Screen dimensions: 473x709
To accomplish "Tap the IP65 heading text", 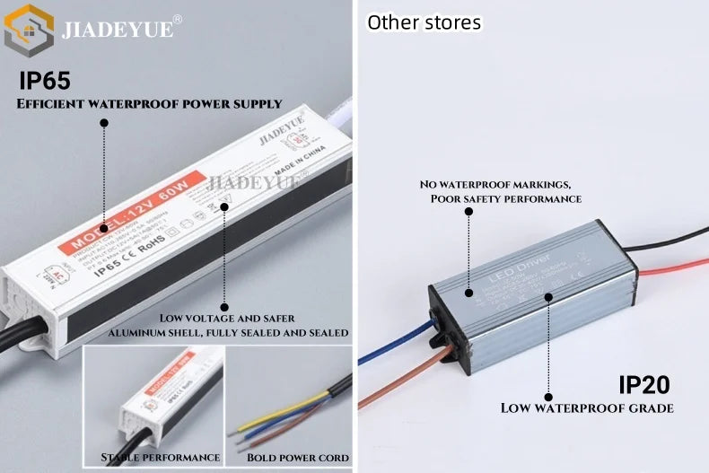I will (45, 81).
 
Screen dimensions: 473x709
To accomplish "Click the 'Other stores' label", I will (424, 22).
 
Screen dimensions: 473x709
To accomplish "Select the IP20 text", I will (644, 384).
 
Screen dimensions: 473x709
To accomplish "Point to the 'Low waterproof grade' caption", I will (587, 408).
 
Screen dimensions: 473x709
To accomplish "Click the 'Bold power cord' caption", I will (297, 458).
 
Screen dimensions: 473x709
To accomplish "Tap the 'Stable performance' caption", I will (161, 458).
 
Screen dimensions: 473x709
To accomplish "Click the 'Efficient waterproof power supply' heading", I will (150, 104).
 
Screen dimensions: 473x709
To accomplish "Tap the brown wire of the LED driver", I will (395, 381).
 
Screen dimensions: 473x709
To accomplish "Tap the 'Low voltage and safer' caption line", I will (227, 319).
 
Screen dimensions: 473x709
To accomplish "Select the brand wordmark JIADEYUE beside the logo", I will (117, 30).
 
